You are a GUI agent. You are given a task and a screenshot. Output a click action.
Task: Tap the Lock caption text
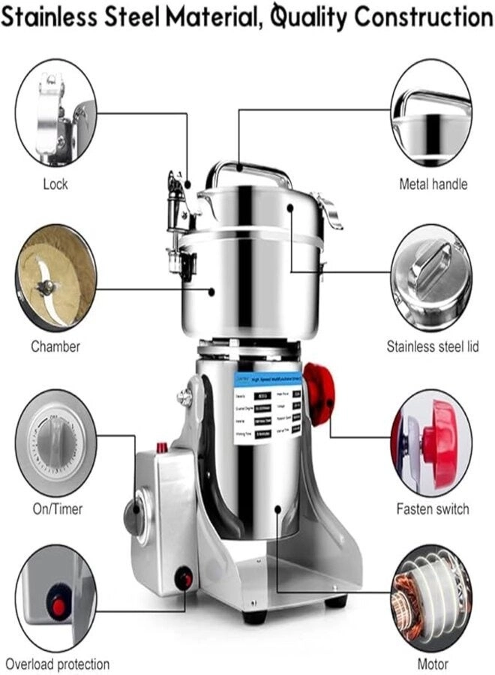tap(55, 184)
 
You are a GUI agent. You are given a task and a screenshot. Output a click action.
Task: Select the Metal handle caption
tap(433, 184)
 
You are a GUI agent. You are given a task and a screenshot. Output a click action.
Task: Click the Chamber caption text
tap(55, 346)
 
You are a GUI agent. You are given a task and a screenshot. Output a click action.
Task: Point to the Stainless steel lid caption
tap(432, 346)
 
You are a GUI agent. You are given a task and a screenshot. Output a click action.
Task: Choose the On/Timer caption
tap(57, 509)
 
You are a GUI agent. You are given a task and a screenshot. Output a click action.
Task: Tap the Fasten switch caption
tap(433, 509)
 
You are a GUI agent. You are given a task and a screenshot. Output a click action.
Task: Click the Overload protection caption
tap(58, 664)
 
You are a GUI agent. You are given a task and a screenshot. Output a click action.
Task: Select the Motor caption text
tap(433, 664)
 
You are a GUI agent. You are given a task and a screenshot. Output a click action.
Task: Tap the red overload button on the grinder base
tap(183, 579)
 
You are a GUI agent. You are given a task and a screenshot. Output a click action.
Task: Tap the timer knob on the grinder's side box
tap(134, 517)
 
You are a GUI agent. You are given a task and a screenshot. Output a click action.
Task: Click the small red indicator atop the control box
tap(160, 448)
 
